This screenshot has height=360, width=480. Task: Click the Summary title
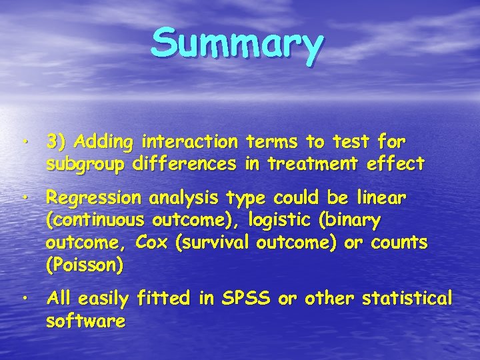click(x=237, y=43)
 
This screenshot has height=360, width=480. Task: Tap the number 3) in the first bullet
click(x=57, y=142)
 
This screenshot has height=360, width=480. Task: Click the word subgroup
click(x=85, y=163)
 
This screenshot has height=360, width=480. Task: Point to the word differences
click(x=185, y=163)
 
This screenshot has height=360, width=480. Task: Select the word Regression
click(x=93, y=199)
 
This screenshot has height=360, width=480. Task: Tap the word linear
click(x=382, y=199)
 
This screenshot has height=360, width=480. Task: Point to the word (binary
click(x=350, y=221)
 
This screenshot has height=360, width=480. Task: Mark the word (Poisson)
click(x=84, y=265)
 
